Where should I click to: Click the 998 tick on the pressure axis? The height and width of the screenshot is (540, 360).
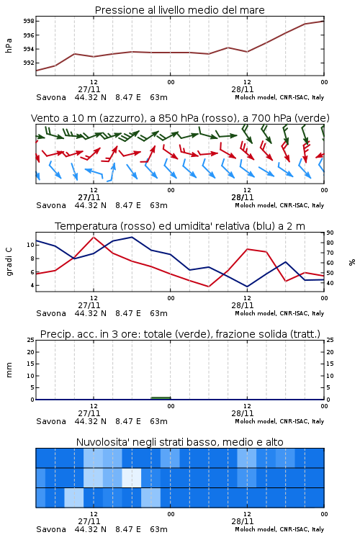(x=29, y=22)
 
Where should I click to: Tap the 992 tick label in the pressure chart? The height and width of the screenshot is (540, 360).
(x=29, y=63)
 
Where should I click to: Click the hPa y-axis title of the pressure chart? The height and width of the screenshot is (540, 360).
(x=9, y=45)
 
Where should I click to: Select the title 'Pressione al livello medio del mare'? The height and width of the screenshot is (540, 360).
(x=180, y=10)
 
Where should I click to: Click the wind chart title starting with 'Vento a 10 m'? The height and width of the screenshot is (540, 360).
(x=180, y=119)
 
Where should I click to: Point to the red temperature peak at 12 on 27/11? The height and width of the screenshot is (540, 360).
(x=94, y=237)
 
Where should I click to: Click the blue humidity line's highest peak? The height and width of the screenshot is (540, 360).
(x=132, y=238)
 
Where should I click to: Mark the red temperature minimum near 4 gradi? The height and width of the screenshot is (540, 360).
(x=208, y=286)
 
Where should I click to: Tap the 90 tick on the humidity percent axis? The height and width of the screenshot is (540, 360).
(x=330, y=233)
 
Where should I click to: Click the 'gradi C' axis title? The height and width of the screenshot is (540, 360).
(x=9, y=261)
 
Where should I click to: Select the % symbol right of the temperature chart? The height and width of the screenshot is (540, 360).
(x=352, y=262)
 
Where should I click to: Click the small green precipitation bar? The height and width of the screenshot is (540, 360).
(x=161, y=398)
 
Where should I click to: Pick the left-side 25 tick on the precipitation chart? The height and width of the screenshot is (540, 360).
(x=31, y=341)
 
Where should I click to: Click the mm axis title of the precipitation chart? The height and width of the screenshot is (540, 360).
(x=9, y=370)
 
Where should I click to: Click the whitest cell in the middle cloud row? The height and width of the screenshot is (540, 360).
(x=132, y=477)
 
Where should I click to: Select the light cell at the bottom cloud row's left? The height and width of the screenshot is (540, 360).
(x=73, y=498)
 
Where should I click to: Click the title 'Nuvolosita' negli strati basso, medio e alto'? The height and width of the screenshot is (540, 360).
(x=180, y=442)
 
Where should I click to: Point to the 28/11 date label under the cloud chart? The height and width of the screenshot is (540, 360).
(x=243, y=521)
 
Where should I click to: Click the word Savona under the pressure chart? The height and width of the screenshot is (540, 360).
(x=51, y=97)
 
